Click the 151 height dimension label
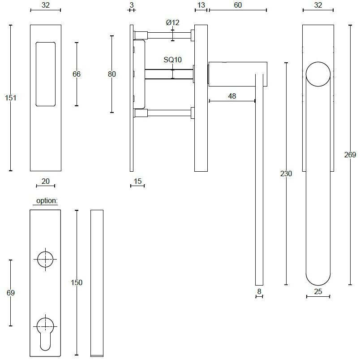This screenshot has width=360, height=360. coord(11,98)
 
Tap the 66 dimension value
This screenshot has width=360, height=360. coord(77,74)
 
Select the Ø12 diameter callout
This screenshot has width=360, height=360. coord(173,22)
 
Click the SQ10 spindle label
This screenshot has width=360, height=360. coord(173,60)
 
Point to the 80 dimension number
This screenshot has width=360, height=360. coord(112,74)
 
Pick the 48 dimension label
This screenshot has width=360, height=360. coord(232,96)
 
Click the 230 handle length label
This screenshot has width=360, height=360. coord(286,173)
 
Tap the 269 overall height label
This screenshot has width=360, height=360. coord(350,155)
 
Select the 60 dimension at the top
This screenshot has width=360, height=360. coord(238,5)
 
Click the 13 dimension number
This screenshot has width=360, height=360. coord(201,5)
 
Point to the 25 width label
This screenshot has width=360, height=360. coord(318,291)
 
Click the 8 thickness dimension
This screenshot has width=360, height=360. coord(259,291)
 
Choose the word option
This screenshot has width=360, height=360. coord(47,201)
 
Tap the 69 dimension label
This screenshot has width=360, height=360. coord(11,293)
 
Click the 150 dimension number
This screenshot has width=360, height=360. coord(77,282)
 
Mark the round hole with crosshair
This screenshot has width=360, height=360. coord(45,259)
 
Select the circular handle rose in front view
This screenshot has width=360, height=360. coord(318,74)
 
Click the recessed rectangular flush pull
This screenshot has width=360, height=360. coord(46,74)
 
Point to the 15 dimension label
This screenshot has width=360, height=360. coord(137,182)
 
